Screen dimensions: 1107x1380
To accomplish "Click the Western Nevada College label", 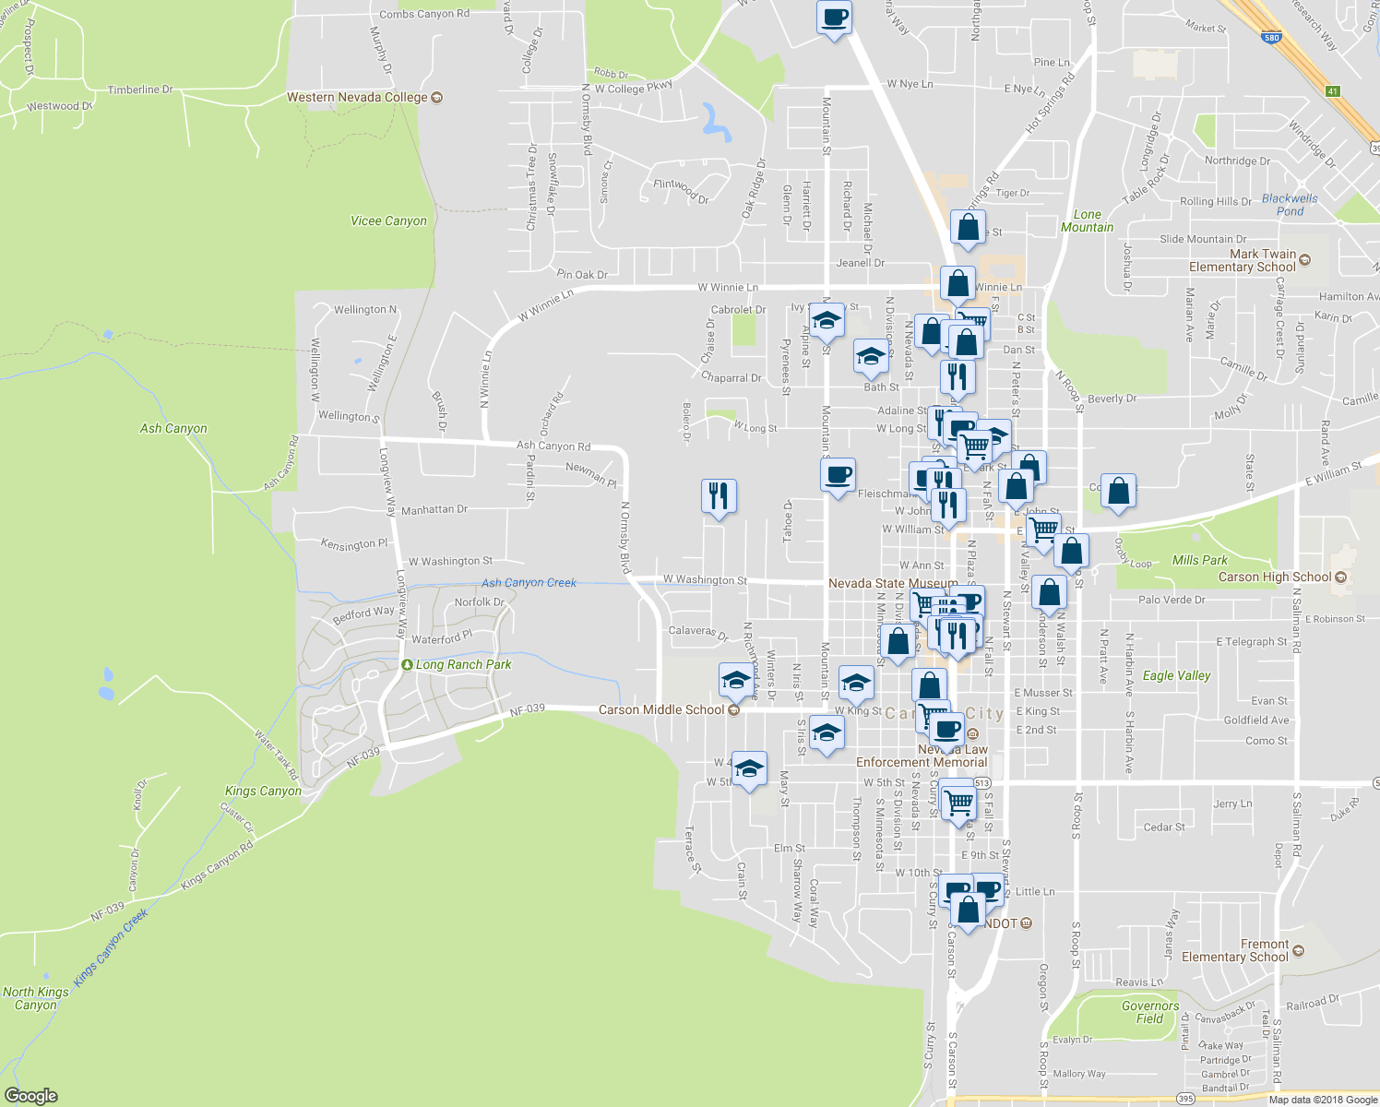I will click(x=357, y=97).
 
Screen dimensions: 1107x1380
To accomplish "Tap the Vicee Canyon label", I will click(x=388, y=220).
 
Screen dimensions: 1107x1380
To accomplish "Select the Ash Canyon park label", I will click(x=173, y=428).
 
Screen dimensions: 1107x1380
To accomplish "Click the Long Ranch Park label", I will click(x=463, y=664).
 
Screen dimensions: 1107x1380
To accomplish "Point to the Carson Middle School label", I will click(x=661, y=709).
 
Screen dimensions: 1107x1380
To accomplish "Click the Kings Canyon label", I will click(x=263, y=791).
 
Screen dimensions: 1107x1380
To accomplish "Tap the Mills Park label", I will click(x=1199, y=560).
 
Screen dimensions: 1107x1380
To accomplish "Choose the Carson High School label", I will click(x=1275, y=577).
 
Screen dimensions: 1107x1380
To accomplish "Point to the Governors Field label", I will click(x=1149, y=1012).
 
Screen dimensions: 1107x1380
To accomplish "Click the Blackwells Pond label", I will click(x=1290, y=205).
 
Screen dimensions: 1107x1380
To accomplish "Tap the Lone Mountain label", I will click(x=1087, y=220).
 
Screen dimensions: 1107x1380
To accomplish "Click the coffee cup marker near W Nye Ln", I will click(x=834, y=18).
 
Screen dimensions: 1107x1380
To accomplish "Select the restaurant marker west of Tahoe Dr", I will click(x=718, y=495).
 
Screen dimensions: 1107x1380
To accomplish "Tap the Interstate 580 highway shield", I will click(x=1271, y=38).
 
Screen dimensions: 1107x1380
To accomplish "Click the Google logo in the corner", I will click(x=30, y=1095).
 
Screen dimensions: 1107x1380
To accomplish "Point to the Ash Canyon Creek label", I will click(x=529, y=582).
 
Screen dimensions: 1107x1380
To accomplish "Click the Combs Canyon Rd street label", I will click(x=424, y=14).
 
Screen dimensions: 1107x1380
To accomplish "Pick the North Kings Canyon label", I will click(x=35, y=998).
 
